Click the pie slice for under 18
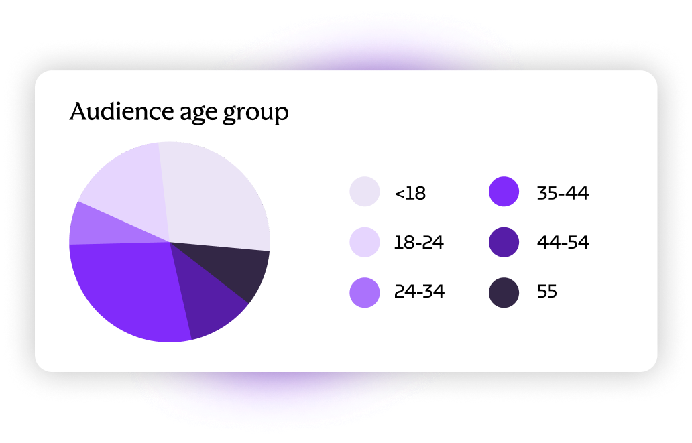215,194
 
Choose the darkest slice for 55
241,271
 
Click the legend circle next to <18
365,192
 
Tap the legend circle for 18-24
365,243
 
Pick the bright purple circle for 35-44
504,192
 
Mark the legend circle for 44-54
504,243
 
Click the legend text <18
410,194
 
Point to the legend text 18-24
419,243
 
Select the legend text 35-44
563,194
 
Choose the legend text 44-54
563,243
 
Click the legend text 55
547,292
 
